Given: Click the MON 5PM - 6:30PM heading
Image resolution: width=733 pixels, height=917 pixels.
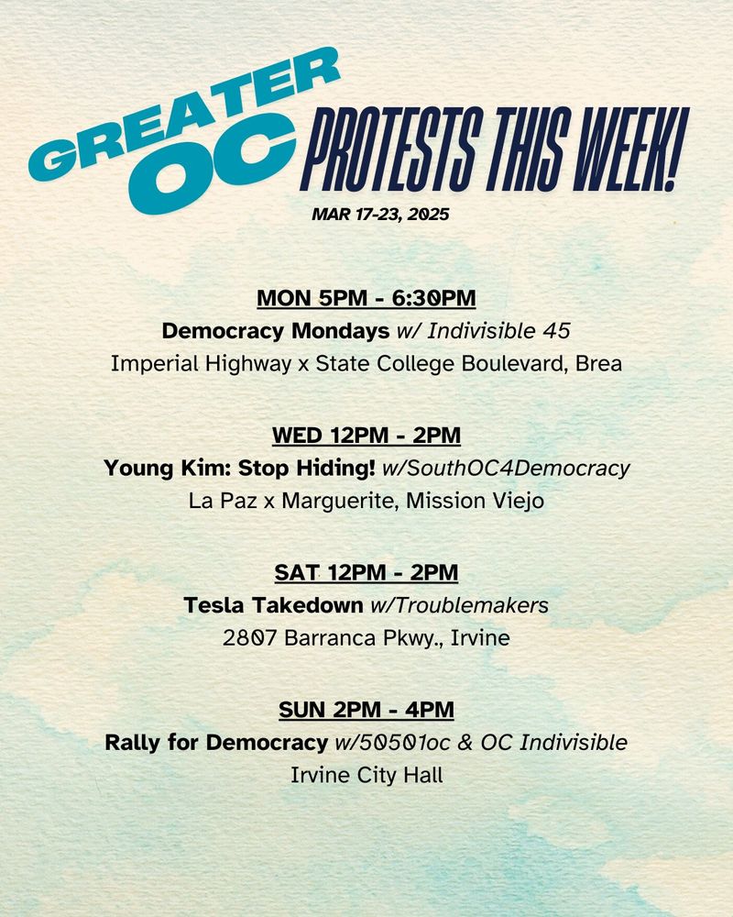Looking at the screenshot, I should click(366, 298).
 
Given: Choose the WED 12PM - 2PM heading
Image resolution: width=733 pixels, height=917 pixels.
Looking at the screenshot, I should click(366, 435).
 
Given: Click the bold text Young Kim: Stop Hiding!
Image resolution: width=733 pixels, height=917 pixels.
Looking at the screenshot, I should click(240, 468).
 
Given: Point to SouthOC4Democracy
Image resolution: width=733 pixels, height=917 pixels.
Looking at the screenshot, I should click(517, 468).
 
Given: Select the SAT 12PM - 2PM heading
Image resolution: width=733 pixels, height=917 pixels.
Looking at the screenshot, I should click(366, 572).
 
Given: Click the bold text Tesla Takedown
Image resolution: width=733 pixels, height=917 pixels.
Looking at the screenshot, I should click(273, 605).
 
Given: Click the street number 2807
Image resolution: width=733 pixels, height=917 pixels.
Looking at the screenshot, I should click(249, 638).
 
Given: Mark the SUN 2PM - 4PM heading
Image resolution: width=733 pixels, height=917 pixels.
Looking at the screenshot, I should click(366, 710).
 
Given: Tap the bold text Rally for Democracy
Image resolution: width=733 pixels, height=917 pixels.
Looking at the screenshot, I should click(216, 742).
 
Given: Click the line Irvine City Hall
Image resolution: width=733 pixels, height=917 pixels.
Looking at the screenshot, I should click(366, 775).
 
